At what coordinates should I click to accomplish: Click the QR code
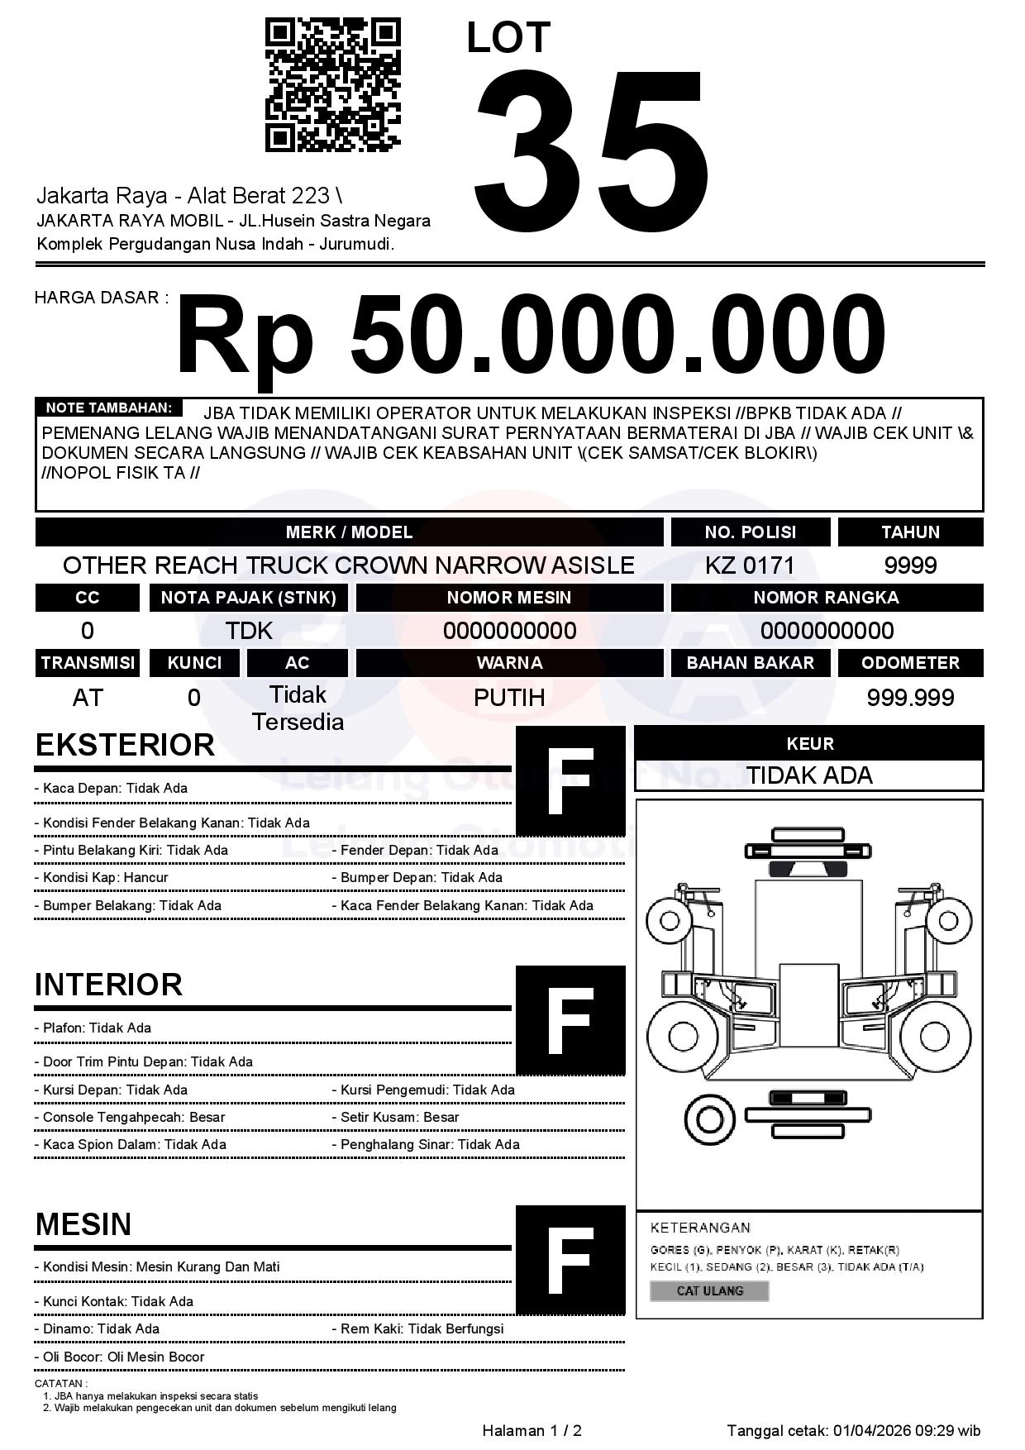click(332, 86)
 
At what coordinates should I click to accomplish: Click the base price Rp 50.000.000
click(531, 336)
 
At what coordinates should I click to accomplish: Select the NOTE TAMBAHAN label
click(108, 408)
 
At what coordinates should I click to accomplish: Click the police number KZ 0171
click(750, 565)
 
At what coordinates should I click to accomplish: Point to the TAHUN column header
click(910, 532)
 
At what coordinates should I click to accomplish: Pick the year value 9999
click(910, 565)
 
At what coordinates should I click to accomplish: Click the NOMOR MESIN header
click(509, 598)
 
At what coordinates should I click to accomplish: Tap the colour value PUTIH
click(509, 698)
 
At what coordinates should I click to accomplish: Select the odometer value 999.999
click(910, 698)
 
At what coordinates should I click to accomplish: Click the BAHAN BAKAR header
click(750, 663)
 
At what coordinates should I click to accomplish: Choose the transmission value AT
click(88, 698)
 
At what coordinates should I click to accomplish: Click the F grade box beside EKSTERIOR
click(570, 781)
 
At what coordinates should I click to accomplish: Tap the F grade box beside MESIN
click(570, 1260)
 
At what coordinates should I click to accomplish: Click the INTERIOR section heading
click(108, 985)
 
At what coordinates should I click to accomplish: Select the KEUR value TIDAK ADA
click(809, 775)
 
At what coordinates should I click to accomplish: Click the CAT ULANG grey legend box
click(709, 1290)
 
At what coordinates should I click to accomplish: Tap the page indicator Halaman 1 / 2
click(532, 1431)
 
